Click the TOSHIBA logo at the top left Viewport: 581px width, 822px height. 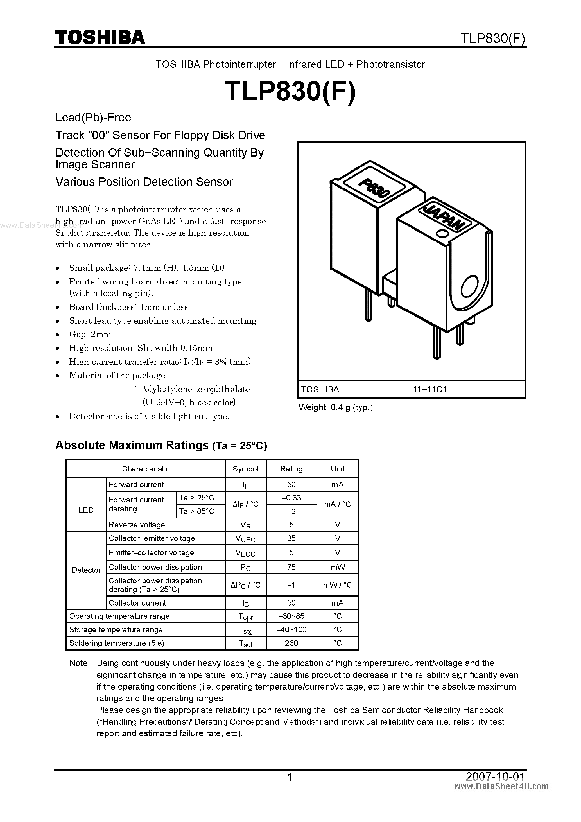100,37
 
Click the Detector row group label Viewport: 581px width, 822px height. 86,570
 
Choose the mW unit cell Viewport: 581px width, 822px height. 337,567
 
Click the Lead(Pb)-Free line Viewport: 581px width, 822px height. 93,118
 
